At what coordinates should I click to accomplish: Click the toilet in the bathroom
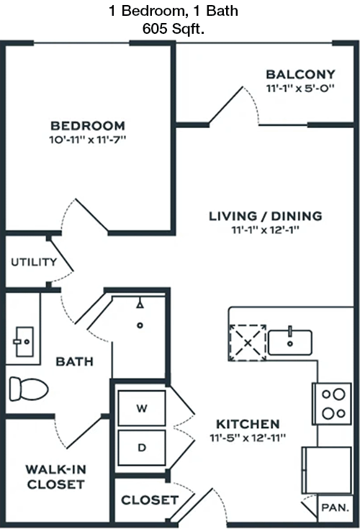29,389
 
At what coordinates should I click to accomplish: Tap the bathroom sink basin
24,341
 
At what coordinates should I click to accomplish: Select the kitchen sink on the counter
290,343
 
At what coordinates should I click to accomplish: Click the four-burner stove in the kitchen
332,404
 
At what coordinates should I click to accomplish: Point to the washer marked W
142,408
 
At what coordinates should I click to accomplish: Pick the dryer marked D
142,448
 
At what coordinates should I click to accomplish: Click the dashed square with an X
248,343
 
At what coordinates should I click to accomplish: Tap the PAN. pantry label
335,507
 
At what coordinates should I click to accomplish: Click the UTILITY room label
34,262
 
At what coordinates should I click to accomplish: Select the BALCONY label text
301,74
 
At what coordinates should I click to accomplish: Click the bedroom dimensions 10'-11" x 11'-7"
88,140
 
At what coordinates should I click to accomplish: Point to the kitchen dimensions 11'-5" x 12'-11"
248,438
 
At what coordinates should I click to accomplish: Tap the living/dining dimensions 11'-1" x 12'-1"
266,230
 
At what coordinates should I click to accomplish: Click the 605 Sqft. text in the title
174,29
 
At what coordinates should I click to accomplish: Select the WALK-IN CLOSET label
56,476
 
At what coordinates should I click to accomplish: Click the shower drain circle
140,325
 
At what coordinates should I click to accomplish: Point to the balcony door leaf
225,106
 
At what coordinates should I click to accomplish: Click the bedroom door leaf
91,215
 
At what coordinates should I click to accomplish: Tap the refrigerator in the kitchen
327,470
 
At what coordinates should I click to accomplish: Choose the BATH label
75,361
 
